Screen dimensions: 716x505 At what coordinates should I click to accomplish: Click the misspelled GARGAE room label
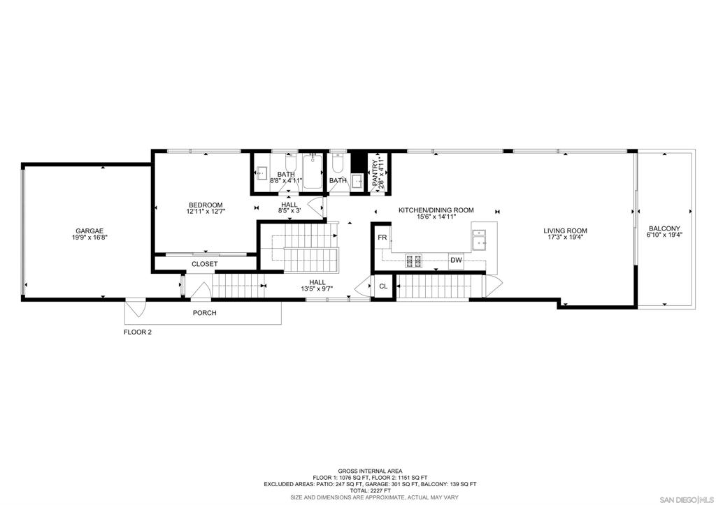(89, 231)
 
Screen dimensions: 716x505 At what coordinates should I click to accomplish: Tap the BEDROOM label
(206, 205)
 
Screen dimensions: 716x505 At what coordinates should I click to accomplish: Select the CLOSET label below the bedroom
(205, 264)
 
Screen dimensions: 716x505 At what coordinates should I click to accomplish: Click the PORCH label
(205, 313)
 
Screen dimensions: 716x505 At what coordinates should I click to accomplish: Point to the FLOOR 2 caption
(138, 332)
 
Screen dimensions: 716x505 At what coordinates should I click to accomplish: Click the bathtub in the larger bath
(313, 171)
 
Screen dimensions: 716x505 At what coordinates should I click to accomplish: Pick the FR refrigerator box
(382, 237)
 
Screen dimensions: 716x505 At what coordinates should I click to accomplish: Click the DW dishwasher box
(456, 261)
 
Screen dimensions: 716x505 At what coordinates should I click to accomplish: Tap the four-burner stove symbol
(414, 261)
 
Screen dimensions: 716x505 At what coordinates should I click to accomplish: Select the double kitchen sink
(479, 240)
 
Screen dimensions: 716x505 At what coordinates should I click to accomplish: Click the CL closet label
(384, 286)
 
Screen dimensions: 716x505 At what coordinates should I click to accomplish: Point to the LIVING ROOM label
(565, 230)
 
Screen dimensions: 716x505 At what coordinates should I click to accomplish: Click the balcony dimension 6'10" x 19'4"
(664, 235)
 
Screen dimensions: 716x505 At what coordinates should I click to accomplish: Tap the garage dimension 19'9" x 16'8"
(89, 237)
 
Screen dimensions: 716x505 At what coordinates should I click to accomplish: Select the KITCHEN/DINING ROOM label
(436, 210)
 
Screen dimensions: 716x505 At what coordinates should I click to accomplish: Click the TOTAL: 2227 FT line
(371, 491)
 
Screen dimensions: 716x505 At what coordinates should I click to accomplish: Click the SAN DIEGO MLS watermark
(687, 499)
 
